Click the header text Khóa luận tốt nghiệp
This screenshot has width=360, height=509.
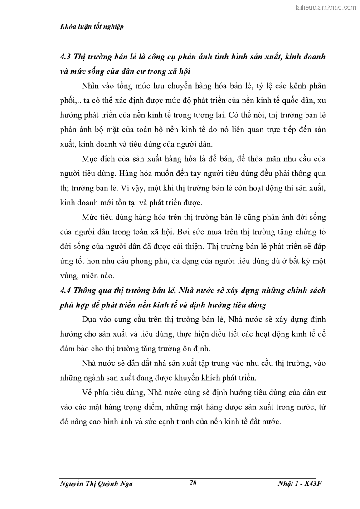coord(92,27)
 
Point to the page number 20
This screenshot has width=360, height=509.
coord(193,483)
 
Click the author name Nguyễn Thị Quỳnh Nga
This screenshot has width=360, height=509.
coord(96,484)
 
